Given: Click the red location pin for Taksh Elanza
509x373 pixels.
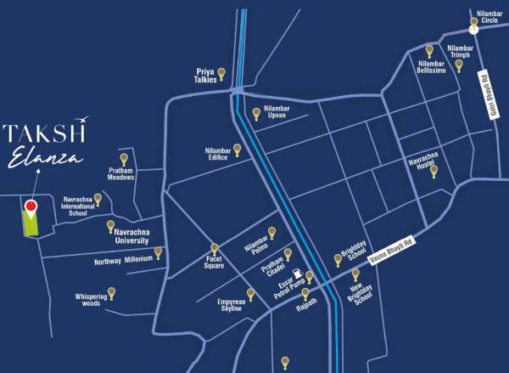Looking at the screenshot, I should coord(31,206).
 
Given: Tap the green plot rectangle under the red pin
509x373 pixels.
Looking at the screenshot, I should coord(31,223).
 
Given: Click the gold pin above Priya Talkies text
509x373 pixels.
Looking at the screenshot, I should coord(221,73).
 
